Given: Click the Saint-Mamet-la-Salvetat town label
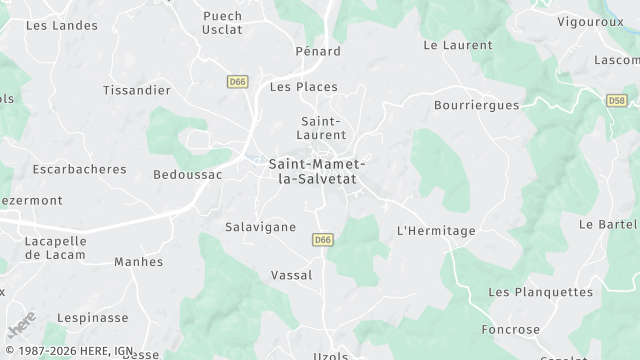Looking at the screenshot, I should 317,170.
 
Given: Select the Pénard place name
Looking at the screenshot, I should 318,51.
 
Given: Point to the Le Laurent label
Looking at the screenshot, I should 458,45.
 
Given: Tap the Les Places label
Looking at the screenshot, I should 304,87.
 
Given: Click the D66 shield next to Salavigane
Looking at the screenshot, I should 322,240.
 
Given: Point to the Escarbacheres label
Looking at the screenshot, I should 79,169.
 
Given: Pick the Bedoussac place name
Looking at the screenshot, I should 187,174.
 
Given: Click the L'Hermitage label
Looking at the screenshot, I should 436,231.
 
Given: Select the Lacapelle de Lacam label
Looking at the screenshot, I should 55,248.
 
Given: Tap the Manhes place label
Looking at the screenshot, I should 138,262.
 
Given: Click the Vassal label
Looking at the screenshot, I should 292,275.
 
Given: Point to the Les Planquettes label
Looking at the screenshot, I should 540,292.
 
